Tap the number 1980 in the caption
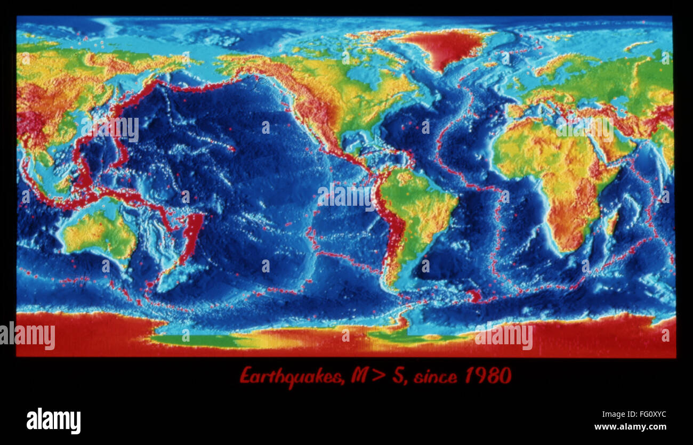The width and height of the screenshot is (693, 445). (487, 376)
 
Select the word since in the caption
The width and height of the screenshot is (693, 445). (435, 377)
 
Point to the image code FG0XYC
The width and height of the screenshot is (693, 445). (648, 415)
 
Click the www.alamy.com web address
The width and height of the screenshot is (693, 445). (630, 427)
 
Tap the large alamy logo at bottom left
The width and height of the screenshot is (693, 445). (53, 420)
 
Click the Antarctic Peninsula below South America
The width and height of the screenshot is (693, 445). (402, 322)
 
